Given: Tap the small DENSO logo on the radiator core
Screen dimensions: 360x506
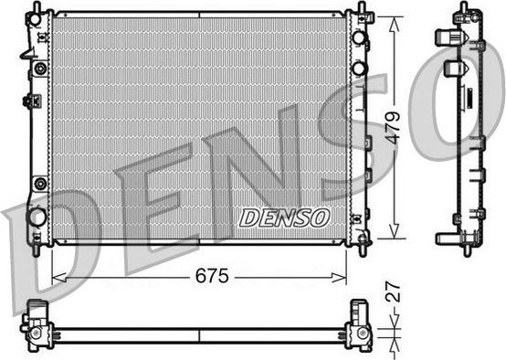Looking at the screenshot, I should point(283,217).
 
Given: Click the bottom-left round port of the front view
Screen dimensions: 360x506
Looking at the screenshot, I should point(37,217).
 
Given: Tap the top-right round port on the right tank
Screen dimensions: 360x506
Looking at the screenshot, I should point(360,37).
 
